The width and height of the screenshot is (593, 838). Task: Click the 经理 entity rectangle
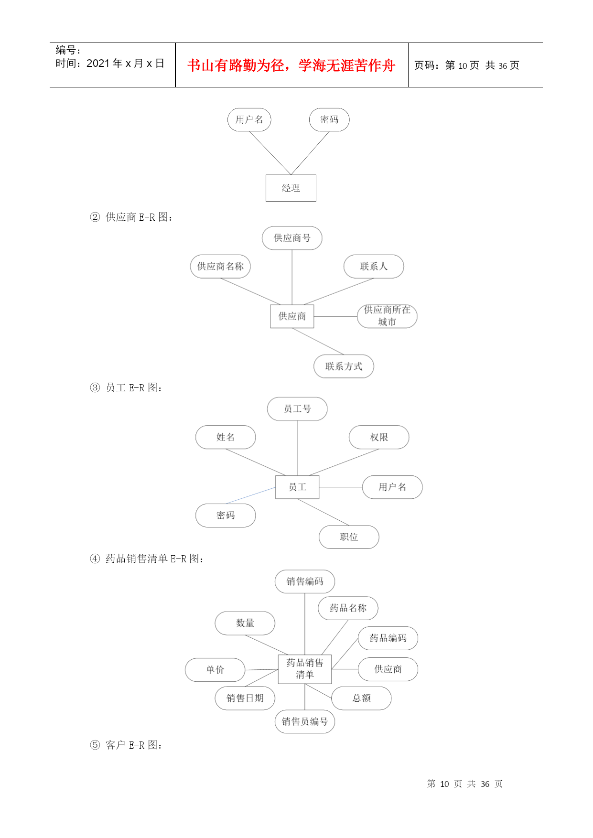pyautogui.click(x=291, y=188)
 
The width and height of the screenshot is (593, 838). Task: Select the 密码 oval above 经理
pyautogui.click(x=329, y=119)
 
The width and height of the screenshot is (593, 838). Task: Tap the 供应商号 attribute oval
pyautogui.click(x=292, y=238)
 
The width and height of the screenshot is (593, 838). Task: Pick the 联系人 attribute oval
pyautogui.click(x=374, y=266)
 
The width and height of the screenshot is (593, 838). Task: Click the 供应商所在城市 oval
pyautogui.click(x=387, y=316)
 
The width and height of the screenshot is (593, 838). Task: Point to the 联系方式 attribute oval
pyautogui.click(x=344, y=366)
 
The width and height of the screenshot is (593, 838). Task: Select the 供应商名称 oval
pyautogui.click(x=220, y=266)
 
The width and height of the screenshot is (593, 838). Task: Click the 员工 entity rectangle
pyautogui.click(x=297, y=487)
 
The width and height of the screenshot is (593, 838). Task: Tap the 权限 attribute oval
pyautogui.click(x=379, y=437)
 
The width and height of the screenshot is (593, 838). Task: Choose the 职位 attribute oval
pyautogui.click(x=349, y=537)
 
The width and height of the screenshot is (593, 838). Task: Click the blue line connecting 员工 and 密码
pyautogui.click(x=250, y=495)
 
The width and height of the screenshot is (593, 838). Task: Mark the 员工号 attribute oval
pyautogui.click(x=297, y=409)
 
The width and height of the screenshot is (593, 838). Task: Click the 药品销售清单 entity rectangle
pyautogui.click(x=305, y=669)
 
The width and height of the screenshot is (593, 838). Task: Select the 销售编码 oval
pyautogui.click(x=305, y=581)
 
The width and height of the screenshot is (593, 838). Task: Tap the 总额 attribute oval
pyautogui.click(x=361, y=698)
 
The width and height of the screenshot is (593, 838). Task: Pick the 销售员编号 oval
pyautogui.click(x=305, y=721)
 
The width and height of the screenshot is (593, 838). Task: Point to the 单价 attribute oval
pyautogui.click(x=215, y=670)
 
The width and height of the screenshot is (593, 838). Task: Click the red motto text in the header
pyautogui.click(x=291, y=65)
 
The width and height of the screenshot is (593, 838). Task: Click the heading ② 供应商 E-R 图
pyautogui.click(x=131, y=217)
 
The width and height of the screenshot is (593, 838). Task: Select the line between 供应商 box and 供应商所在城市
pyautogui.click(x=335, y=316)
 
